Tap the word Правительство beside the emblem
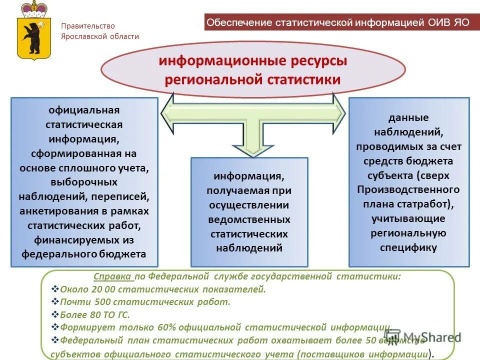pos(88,26)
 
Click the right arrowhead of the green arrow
pos(339,114)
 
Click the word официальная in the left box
pos(84,110)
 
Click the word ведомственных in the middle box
pos(249,219)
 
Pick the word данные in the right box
pos(408,118)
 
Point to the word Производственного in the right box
pos(408,190)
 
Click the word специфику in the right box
pos(408,247)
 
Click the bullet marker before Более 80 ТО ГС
pos(55,314)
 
